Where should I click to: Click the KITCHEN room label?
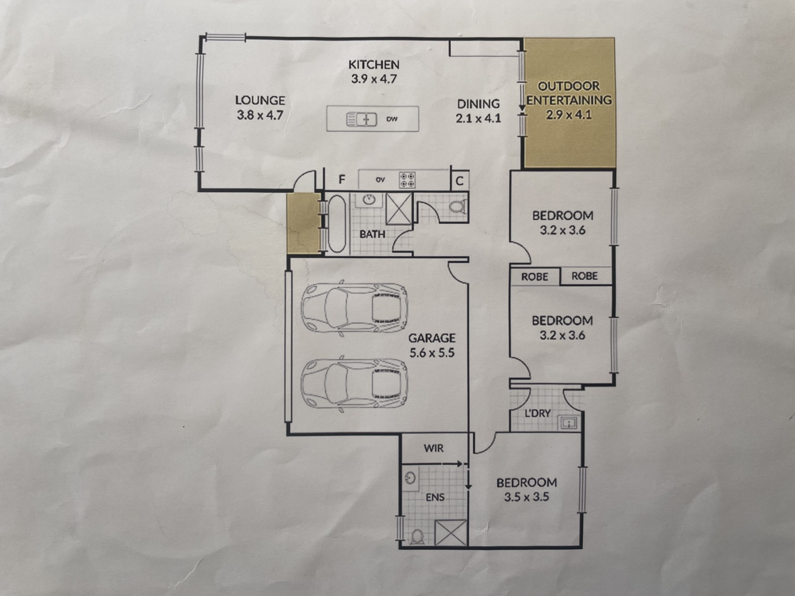[x=374, y=65]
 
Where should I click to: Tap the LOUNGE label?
[x=260, y=100]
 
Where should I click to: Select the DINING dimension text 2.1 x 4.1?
[x=478, y=118]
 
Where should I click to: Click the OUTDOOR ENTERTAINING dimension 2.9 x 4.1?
[x=569, y=115]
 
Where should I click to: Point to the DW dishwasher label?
[x=392, y=119]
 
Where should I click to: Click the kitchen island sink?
[x=361, y=119]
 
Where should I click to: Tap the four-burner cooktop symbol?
[x=407, y=180]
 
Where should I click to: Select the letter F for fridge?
[x=342, y=179]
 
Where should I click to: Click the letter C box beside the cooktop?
[x=460, y=181]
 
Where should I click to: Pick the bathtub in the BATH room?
[x=337, y=223]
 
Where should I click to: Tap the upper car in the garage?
[x=354, y=308]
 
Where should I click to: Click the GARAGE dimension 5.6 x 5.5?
[x=432, y=353]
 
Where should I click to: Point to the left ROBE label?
[x=535, y=276]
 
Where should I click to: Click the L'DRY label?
[x=537, y=413]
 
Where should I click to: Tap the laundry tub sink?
[x=569, y=423]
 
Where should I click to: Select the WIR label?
[x=434, y=448]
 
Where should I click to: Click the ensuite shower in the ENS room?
[x=451, y=533]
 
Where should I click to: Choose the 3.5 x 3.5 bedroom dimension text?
[x=526, y=497]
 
